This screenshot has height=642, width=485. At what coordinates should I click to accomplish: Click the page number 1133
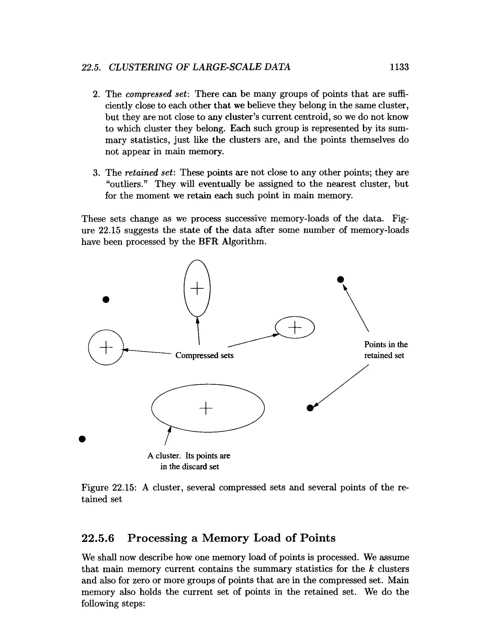[x=399, y=67]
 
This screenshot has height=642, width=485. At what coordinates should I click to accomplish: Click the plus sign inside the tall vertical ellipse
[x=197, y=288]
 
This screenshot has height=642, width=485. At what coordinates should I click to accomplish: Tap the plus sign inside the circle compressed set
[x=106, y=347]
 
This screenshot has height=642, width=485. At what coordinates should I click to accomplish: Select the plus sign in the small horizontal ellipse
[x=295, y=327]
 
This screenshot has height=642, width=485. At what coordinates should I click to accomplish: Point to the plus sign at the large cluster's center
[x=206, y=408]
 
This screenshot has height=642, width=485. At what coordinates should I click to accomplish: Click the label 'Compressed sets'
[x=204, y=355]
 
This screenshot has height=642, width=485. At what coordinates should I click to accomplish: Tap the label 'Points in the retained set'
[x=386, y=350]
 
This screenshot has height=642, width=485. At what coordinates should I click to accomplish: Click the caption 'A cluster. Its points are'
[x=189, y=456]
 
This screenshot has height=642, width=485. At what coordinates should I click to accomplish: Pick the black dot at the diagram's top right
[x=341, y=280]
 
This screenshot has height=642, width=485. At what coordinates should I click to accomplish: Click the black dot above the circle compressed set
[x=106, y=299]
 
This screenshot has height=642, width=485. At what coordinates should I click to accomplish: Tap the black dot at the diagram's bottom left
[x=82, y=439]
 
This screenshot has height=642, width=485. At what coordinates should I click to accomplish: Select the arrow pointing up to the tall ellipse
[x=198, y=331]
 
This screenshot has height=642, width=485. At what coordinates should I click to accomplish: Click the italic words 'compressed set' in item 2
[x=148, y=94]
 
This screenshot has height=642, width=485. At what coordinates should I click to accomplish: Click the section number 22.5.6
[x=98, y=538]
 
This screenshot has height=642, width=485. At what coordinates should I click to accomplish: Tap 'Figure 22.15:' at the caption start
[x=109, y=487]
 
